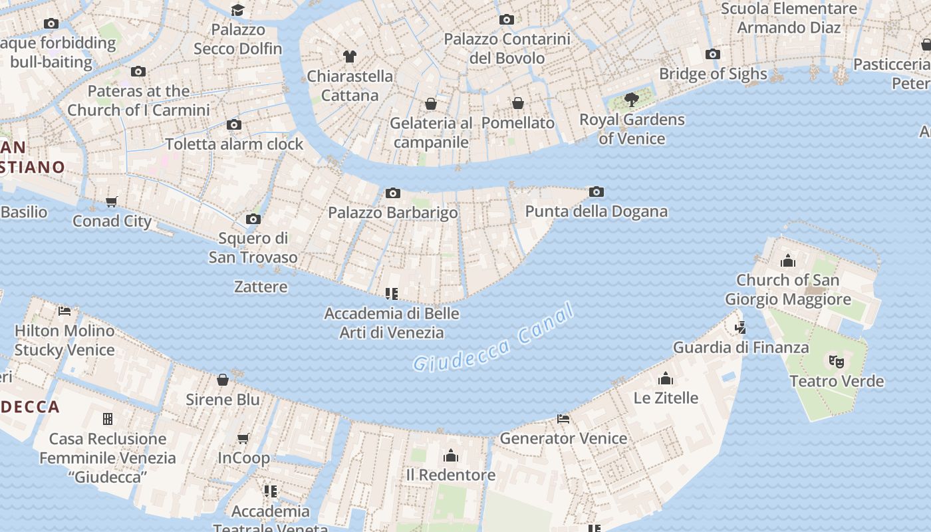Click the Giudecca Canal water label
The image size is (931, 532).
493,338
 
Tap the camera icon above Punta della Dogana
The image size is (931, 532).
597,192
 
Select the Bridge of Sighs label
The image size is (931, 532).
713,74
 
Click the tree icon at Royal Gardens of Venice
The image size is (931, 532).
632,100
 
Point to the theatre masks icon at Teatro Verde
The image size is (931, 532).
836,362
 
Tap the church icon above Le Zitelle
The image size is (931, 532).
666,379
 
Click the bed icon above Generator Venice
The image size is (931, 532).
563,419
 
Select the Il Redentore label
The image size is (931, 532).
451,475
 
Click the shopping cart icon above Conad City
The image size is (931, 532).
112,202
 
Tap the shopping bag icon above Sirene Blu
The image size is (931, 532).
223,380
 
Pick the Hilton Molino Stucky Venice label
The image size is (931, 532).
65,340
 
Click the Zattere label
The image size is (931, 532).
261,287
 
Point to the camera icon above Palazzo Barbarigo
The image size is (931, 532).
393,194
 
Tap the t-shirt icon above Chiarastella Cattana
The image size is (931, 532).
350,57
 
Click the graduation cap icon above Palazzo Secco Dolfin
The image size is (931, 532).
237,10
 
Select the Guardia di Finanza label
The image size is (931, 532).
741,347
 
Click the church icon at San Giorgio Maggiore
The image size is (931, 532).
788,261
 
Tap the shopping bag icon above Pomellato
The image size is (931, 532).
518,104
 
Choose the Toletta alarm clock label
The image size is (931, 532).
234,144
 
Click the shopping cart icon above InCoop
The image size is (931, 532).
243,438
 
